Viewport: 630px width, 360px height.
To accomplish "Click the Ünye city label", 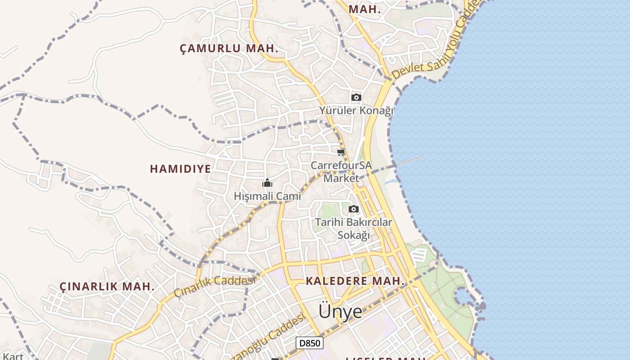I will point(340,311).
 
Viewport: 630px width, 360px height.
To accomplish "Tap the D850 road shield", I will point(310,343).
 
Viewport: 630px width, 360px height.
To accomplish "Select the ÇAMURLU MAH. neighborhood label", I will point(229,49).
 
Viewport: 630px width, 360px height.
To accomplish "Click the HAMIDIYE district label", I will point(180,169).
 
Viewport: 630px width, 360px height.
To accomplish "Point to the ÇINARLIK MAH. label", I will point(107,286).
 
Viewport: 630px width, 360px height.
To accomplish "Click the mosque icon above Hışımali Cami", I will point(267,183).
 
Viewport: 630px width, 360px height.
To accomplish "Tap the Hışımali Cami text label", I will point(267,196).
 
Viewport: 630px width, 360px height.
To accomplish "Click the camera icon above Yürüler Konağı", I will point(356,97).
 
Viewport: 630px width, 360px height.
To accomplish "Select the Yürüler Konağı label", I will point(356,110).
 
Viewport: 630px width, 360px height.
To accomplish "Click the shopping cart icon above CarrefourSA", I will point(341,152).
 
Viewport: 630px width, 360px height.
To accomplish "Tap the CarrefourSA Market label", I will point(342,171).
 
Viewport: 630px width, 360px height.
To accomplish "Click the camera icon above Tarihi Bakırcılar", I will point(354,209).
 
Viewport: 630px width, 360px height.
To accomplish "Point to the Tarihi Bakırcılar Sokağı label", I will point(354,229).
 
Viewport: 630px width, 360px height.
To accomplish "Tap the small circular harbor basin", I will point(463,297).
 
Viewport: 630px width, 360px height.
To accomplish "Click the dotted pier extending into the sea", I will point(409,161).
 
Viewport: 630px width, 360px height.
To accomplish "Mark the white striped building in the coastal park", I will point(418,255).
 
